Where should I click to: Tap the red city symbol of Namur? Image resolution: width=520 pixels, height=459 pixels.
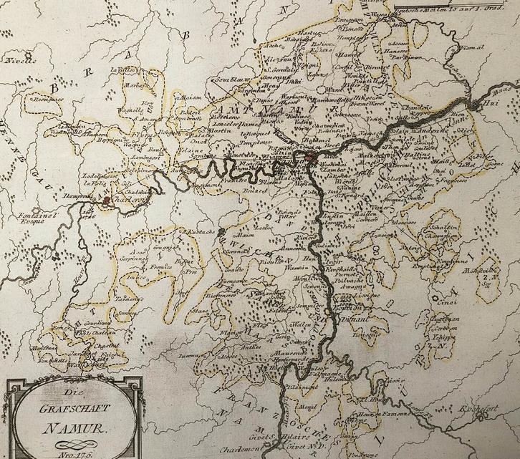click(x=309, y=158)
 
